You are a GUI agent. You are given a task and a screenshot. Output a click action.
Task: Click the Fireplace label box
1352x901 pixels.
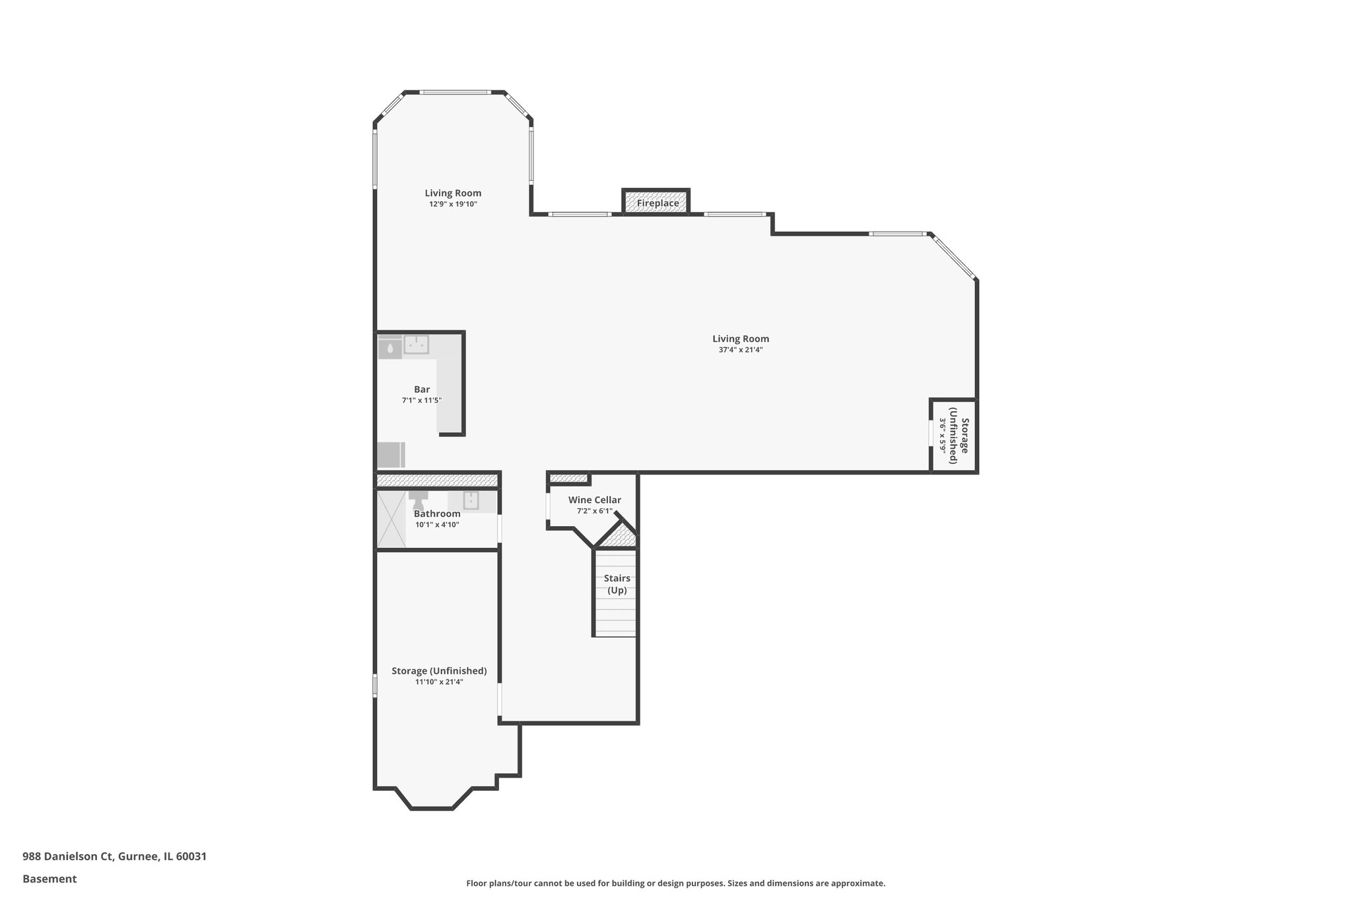point(657,203)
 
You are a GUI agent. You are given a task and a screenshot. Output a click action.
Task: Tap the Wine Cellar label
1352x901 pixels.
point(594,500)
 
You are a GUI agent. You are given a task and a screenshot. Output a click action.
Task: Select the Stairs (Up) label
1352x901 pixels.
point(617,584)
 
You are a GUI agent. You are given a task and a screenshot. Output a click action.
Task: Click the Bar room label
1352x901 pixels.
point(421,389)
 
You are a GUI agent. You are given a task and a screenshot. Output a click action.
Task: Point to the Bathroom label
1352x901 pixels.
point(437,514)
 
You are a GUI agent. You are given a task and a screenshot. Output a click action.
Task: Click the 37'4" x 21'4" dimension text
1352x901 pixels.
point(740,350)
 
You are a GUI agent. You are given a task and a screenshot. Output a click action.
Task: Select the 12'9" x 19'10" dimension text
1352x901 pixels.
point(453,204)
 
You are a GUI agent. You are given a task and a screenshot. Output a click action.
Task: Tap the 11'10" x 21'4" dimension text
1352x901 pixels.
point(439,682)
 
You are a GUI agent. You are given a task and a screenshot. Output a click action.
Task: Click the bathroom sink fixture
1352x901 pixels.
point(471,500)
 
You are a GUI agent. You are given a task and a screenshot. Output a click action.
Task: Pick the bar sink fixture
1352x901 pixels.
point(416,344)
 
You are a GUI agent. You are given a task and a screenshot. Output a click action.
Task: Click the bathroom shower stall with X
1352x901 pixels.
point(391,518)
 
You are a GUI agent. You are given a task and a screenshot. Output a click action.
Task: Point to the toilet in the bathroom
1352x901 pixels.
point(418,495)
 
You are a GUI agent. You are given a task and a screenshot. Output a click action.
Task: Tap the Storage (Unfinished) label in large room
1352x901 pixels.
point(439,671)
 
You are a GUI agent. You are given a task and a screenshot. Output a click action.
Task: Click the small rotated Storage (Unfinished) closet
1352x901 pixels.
point(954,436)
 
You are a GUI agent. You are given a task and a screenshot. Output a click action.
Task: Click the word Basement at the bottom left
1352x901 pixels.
point(50,879)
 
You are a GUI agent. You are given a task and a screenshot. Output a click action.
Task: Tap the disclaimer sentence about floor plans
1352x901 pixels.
point(675,883)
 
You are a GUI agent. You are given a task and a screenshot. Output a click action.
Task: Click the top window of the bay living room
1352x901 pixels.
point(456,92)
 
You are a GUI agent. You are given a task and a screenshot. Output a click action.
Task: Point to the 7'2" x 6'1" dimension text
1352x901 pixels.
point(594,511)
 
